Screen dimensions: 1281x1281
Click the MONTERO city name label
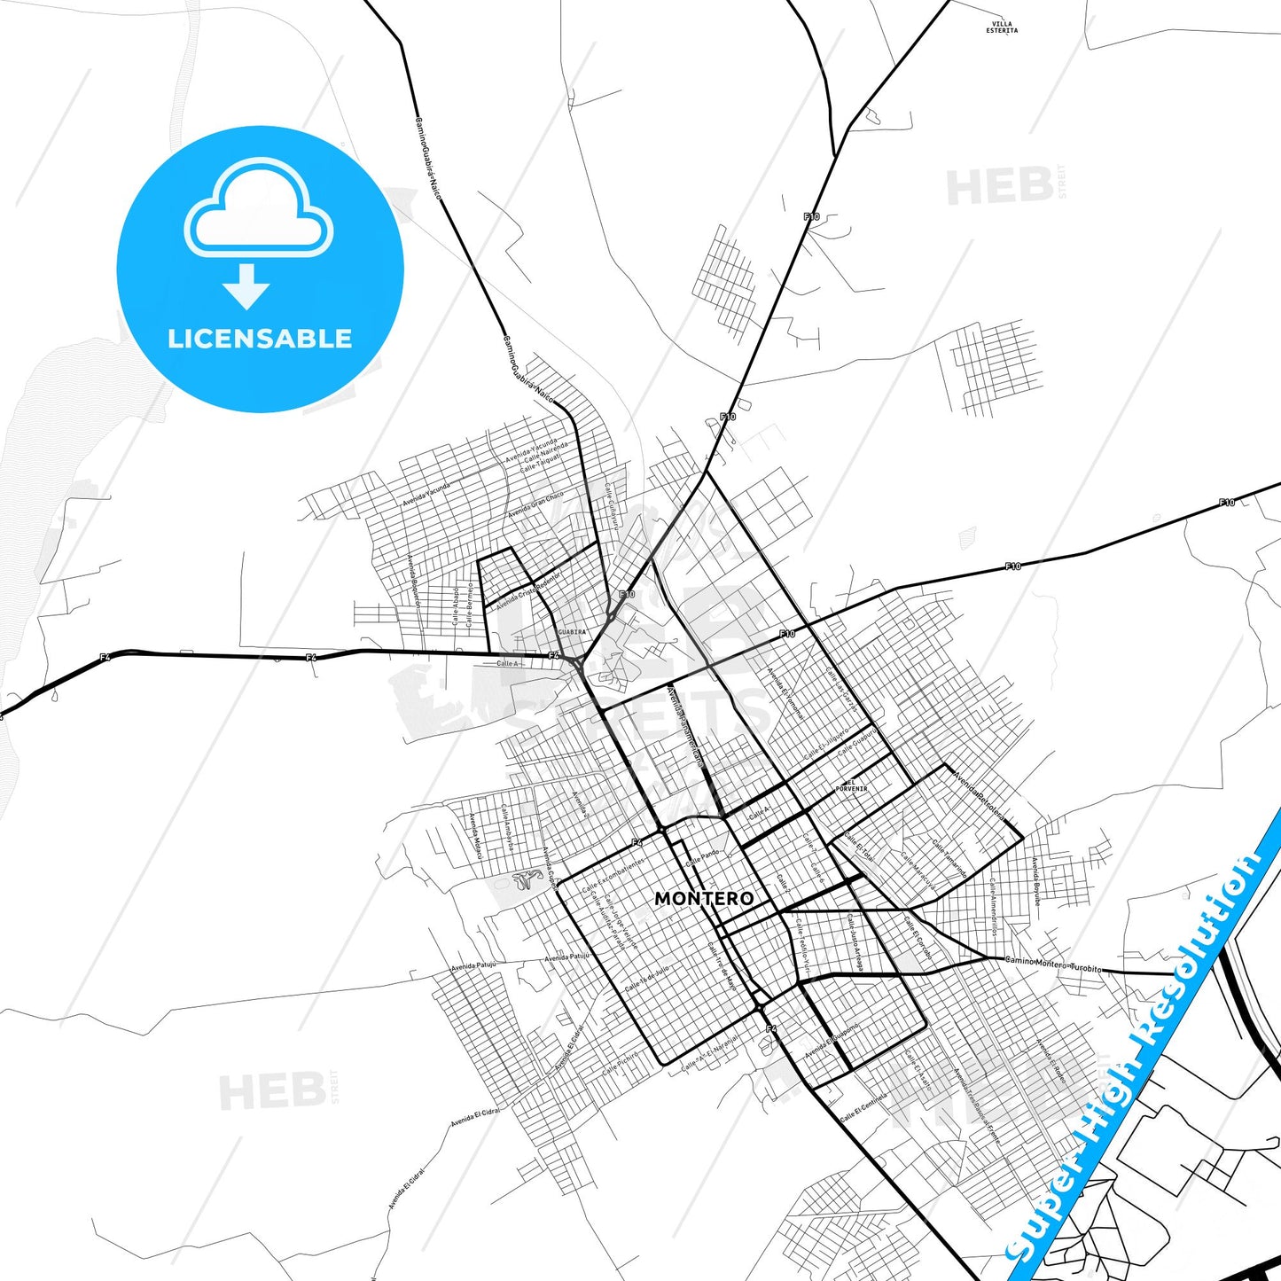click(x=704, y=898)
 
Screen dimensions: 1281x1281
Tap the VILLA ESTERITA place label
click(x=1002, y=27)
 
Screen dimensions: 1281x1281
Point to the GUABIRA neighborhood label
click(x=572, y=632)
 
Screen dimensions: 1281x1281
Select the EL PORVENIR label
click(x=851, y=785)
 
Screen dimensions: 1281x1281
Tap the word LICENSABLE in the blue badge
click(x=260, y=339)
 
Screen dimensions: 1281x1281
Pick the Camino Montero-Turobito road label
click(x=1053, y=964)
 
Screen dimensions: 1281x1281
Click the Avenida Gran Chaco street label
click(x=535, y=507)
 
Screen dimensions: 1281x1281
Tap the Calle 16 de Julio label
click(x=647, y=979)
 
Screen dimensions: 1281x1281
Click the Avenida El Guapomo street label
click(x=832, y=1038)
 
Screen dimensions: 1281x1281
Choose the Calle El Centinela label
click(x=863, y=1108)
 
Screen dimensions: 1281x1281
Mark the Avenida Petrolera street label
click(x=980, y=796)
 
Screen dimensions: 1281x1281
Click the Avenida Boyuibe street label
click(x=1036, y=880)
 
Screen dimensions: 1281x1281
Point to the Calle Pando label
click(x=703, y=856)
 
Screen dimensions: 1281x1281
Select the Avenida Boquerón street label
click(x=413, y=582)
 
